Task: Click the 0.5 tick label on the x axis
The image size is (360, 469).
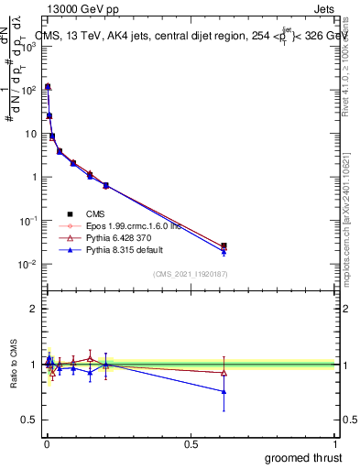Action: [x=191, y=442]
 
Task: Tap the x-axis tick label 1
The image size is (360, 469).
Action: [x=336, y=442]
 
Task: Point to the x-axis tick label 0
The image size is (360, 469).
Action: [x=46, y=442]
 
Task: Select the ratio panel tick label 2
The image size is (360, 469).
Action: [x=33, y=309]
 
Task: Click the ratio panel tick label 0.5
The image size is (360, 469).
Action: [x=29, y=420]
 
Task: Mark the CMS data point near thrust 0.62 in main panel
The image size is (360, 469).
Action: [x=224, y=245]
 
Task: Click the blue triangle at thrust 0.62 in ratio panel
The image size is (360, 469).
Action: [x=224, y=391]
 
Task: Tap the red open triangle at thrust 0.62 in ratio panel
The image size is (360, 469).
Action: [x=224, y=372]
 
